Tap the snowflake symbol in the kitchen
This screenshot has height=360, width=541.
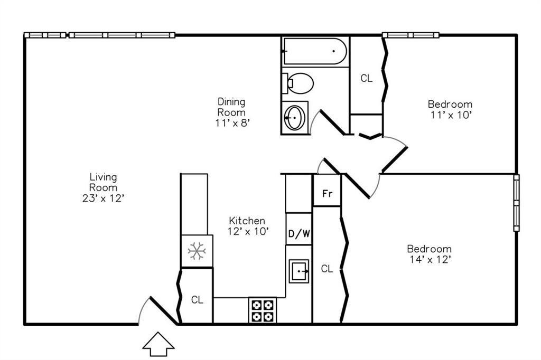click(197, 251)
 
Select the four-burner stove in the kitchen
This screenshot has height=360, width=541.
click(263, 310)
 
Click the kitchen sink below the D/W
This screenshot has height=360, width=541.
click(299, 271)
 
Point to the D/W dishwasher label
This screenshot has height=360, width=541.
click(299, 234)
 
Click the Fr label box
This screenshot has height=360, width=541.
click(327, 193)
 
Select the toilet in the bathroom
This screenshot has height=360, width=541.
click(299, 83)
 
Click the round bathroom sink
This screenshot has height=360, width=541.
click(294, 117)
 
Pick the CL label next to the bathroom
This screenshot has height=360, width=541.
click(366, 79)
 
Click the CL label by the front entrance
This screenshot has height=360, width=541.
click(197, 300)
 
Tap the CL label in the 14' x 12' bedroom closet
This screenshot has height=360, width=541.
click(327, 269)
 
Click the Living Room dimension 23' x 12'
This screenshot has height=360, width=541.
click(103, 198)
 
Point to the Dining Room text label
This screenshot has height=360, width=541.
click(231, 107)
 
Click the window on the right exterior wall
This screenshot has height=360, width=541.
click(516, 203)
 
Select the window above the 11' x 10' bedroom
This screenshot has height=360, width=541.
click(411, 35)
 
